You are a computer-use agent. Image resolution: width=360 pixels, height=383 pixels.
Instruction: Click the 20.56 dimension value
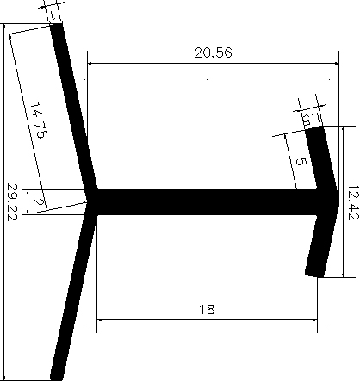(x=212, y=53)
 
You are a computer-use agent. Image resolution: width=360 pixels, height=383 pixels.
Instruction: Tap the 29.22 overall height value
(x=12, y=201)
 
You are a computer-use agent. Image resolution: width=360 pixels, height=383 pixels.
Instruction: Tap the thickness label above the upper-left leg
(x=53, y=13)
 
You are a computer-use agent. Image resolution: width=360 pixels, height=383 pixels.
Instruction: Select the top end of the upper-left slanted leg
(x=58, y=28)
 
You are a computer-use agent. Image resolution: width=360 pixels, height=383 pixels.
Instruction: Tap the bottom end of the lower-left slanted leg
(x=58, y=375)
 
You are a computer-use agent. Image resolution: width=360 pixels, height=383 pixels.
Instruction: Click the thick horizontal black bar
(x=207, y=202)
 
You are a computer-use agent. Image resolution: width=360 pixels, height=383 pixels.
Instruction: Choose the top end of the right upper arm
(x=316, y=131)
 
